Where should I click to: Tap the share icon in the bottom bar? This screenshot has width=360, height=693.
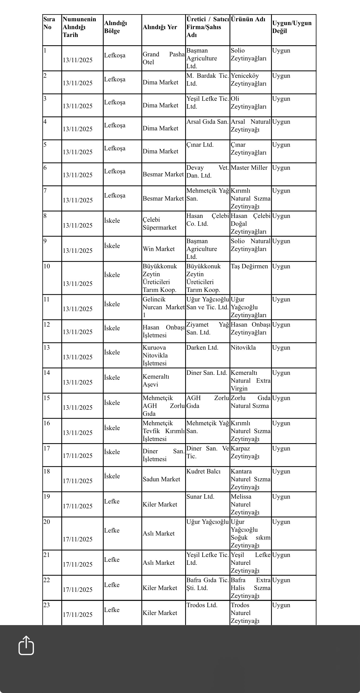26,645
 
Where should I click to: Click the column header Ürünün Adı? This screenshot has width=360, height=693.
248,19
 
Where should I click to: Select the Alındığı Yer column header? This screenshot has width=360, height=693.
160,27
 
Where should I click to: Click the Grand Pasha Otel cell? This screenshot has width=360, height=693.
163,58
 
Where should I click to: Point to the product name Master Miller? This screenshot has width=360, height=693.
249,168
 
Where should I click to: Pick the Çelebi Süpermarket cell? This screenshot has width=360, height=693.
160,224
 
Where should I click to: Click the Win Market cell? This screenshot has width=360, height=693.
159,249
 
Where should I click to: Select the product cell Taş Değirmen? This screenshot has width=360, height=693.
249,266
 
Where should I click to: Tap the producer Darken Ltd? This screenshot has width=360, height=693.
202,348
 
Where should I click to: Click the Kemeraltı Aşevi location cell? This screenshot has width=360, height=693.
156,380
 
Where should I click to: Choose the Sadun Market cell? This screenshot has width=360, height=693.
161,479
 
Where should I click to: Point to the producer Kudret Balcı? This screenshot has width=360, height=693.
203,472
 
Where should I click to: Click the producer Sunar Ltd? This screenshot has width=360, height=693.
200,497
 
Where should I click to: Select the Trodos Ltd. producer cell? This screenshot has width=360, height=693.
202,605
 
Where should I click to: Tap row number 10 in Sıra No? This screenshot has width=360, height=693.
47,266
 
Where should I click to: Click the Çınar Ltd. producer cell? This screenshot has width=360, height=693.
200,145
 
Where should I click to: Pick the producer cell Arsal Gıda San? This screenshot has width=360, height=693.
207,122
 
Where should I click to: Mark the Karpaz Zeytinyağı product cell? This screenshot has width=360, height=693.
245,452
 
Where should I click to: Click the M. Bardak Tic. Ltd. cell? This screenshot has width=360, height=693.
207,80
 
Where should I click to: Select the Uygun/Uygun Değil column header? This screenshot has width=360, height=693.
292,27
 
